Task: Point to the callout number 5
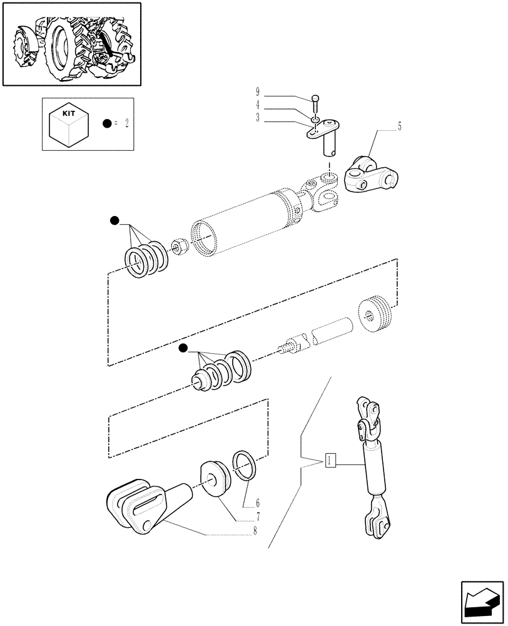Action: [399, 126]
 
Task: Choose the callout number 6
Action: [257, 503]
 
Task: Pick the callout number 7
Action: [257, 518]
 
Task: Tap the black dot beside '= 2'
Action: [108, 124]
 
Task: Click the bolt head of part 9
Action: [316, 98]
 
